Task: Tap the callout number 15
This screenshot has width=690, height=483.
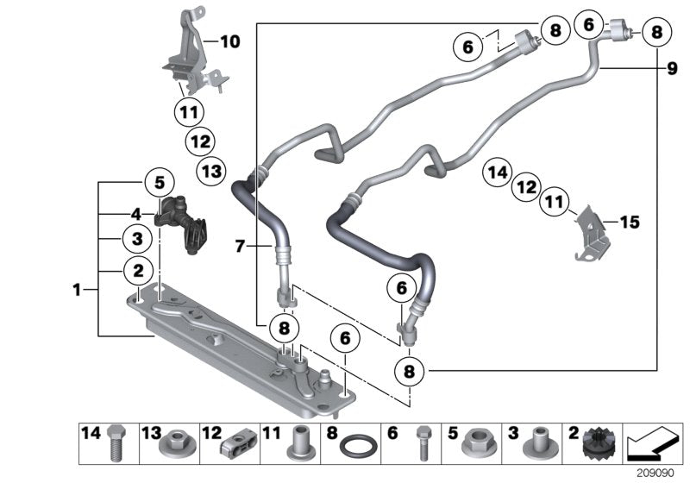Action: point(630,223)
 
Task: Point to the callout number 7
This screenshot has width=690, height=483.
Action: point(241,248)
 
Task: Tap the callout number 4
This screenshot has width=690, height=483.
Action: point(136,213)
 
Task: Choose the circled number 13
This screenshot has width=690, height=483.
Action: point(211,171)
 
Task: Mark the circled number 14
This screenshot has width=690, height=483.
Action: point(497,172)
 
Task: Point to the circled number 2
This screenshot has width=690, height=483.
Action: point(136,270)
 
